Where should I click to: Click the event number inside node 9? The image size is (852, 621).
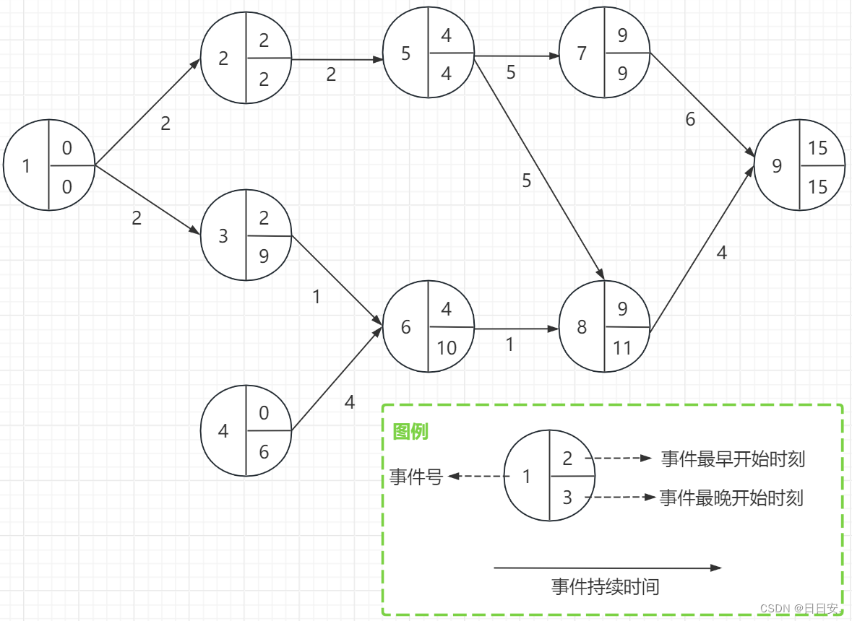pyautogui.click(x=777, y=166)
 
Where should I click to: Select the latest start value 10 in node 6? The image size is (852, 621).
pyautogui.click(x=447, y=348)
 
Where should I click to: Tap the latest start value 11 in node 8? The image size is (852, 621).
pyautogui.click(x=622, y=348)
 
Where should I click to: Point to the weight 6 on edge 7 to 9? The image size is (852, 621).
pyautogui.click(x=690, y=119)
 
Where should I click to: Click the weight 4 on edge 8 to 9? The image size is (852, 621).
pyautogui.click(x=721, y=253)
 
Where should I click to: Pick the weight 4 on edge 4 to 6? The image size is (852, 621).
pyautogui.click(x=350, y=402)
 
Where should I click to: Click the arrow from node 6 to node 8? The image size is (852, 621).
pyautogui.click(x=517, y=329)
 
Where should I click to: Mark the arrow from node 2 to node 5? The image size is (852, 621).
pyautogui.click(x=337, y=60)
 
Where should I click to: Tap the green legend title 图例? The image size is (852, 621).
pyautogui.click(x=410, y=432)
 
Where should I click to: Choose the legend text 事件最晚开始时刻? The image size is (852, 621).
pyautogui.click(x=731, y=498)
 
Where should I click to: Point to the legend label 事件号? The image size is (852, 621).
pyautogui.click(x=416, y=477)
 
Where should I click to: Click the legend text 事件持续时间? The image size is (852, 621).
pyautogui.click(x=606, y=586)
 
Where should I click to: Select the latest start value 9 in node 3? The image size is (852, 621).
pyautogui.click(x=264, y=256)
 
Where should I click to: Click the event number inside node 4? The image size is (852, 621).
pyautogui.click(x=223, y=431)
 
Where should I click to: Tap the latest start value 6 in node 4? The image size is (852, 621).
pyautogui.click(x=264, y=452)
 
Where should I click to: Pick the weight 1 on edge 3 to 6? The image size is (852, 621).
pyautogui.click(x=316, y=296)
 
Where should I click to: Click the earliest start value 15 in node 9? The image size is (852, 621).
pyautogui.click(x=818, y=148)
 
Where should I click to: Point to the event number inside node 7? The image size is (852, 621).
pyautogui.click(x=582, y=53)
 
